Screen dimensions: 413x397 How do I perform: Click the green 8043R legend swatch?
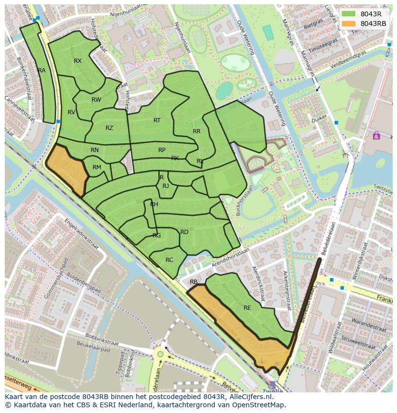(349, 14)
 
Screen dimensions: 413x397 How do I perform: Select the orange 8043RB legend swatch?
(349, 24)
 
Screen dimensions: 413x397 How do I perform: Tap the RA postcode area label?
(42, 71)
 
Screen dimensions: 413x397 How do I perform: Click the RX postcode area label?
(78, 61)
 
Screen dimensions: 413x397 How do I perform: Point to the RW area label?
(96, 100)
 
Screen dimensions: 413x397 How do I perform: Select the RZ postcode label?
(109, 128)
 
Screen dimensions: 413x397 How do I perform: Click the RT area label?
(157, 120)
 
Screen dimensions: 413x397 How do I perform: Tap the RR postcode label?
(197, 131)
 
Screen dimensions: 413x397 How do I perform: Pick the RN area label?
(94, 150)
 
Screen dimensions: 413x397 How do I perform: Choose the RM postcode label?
(97, 167)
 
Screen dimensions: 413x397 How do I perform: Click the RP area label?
(162, 150)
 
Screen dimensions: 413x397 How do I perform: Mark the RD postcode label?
(184, 232)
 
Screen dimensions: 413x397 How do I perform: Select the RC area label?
(169, 260)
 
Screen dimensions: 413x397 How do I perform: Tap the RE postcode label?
(247, 308)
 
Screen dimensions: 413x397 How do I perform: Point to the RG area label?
(156, 236)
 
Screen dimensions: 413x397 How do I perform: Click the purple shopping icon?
(376, 136)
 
